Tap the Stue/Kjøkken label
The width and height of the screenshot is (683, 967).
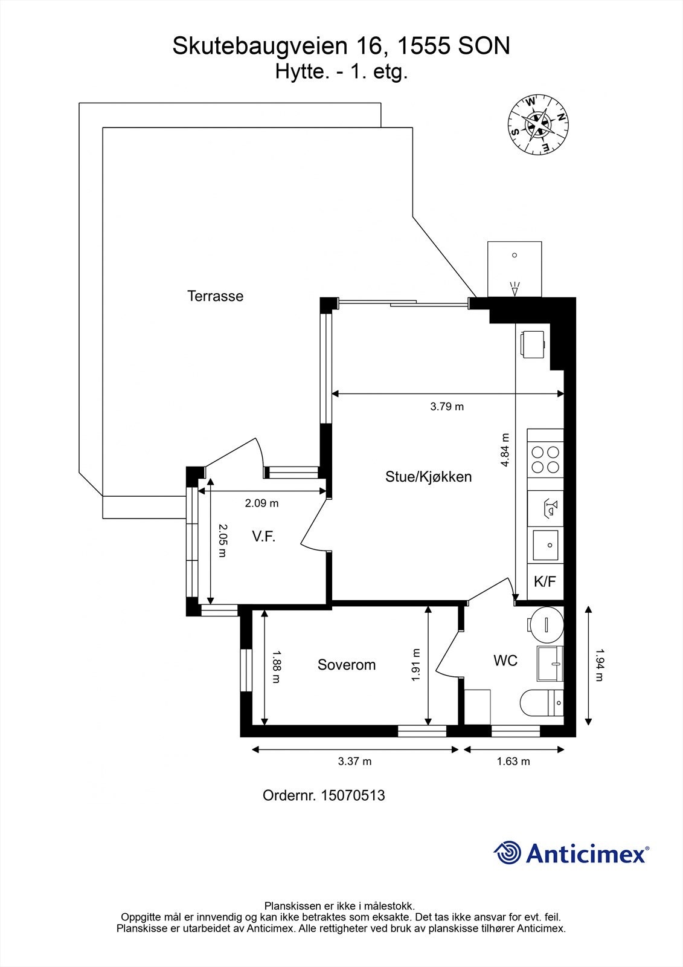pos(428,477)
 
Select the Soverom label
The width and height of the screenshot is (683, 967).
pos(347,665)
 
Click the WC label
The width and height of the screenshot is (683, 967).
pos(505,661)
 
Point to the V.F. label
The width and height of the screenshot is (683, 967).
pos(263,536)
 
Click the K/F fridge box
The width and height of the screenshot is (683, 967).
pos(545,582)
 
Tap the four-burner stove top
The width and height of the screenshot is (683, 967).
pos(545,459)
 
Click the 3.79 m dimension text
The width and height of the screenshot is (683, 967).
pos(447,407)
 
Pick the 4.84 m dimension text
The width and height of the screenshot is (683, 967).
pos(505,450)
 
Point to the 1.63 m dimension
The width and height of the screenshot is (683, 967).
pos(513,762)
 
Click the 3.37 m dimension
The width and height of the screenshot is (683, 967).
pos(354,762)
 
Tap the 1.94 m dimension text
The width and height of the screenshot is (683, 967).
pos(599,665)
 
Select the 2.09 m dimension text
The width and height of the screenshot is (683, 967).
pos(261,503)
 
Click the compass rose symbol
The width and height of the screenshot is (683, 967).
pos(537,125)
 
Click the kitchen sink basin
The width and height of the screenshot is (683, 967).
pos(546,545)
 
